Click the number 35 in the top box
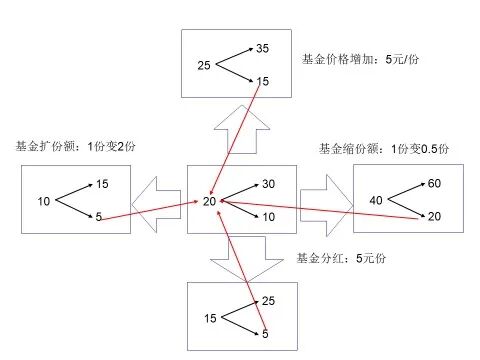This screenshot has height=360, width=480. point(263,48)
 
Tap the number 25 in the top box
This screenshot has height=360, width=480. point(205,66)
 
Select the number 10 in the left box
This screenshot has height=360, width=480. point(44,202)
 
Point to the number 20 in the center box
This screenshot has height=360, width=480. point(209,202)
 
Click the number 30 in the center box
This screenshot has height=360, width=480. point(268,185)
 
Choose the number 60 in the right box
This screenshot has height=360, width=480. point(434,184)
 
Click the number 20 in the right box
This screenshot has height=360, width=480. point(434,217)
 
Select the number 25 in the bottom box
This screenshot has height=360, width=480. point(267,301)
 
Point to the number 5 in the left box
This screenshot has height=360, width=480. point(99,217)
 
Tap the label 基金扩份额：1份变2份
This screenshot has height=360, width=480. point(76,146)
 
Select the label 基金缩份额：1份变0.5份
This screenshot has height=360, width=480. point(384,149)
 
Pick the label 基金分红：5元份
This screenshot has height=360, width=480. point(342,258)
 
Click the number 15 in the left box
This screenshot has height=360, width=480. point(102,184)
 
